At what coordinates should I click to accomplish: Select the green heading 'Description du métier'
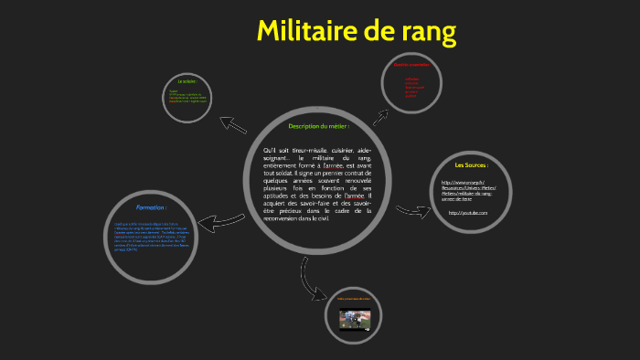click(318, 126)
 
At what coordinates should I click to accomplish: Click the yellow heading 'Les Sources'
click(471, 165)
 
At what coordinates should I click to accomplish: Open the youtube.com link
click(467, 213)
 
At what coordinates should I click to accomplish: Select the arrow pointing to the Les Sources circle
click(412, 212)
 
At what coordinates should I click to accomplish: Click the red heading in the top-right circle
click(411, 65)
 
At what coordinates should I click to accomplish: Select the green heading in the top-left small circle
click(187, 82)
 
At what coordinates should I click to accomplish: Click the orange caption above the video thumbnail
click(354, 298)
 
